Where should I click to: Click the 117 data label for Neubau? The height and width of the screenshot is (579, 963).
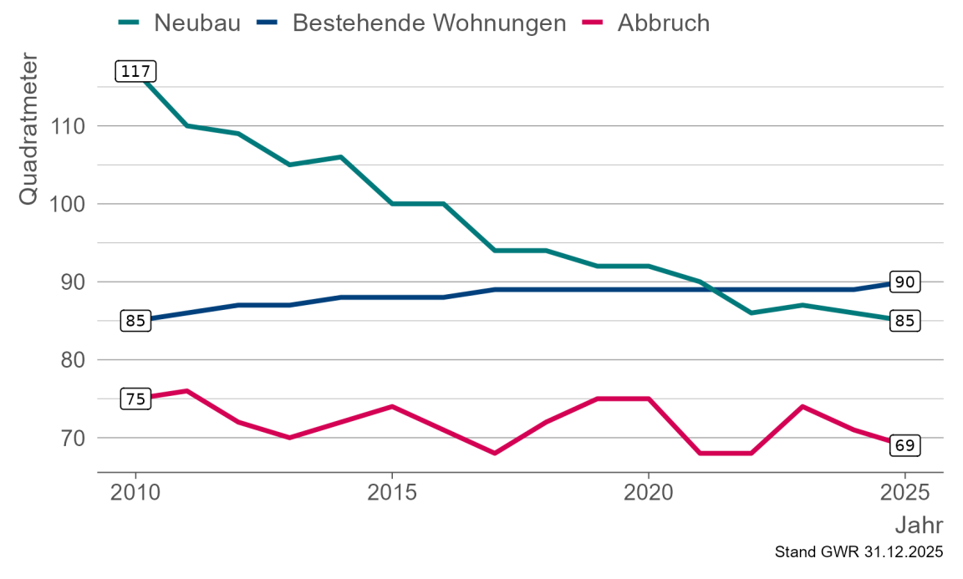[x=135, y=72]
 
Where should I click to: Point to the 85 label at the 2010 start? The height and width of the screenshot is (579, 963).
[x=135, y=321]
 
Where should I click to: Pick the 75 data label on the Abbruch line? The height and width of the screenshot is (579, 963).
[x=135, y=399]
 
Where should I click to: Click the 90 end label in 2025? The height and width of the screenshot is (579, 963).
[x=904, y=282]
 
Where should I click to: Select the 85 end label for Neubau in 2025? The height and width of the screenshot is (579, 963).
[x=904, y=321]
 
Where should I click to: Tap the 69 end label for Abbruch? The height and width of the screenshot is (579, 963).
[x=904, y=445]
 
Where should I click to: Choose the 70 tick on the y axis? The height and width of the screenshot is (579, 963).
[x=69, y=438]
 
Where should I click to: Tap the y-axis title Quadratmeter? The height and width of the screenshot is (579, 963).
[x=28, y=129]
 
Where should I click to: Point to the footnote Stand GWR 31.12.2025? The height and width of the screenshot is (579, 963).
[x=859, y=553]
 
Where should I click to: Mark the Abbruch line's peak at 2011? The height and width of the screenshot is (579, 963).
[x=186, y=390]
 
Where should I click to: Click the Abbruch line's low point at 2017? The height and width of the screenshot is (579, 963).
[x=495, y=453]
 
